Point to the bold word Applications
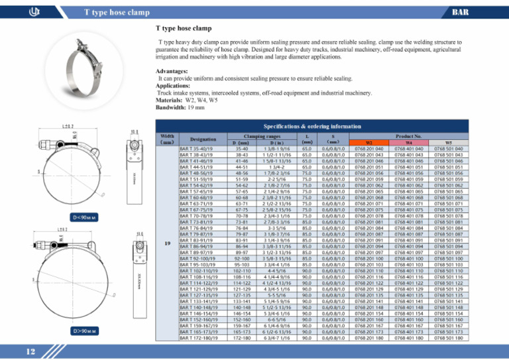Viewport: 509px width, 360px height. coord(178,86)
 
